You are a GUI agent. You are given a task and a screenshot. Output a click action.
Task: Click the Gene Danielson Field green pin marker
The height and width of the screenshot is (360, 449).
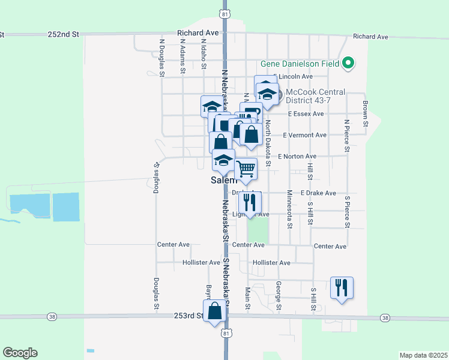pos(348,63)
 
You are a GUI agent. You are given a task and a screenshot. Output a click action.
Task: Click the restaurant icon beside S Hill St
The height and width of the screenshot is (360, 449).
pos(342,287)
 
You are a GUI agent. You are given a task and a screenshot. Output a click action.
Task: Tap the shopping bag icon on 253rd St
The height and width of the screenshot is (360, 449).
pos(215,311)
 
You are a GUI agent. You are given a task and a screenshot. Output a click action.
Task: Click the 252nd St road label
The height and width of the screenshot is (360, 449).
pos(64,35)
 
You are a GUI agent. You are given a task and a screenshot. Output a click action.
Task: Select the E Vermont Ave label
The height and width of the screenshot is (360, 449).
pos(304,136)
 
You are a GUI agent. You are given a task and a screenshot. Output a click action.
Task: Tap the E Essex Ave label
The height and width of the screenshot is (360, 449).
pos(306,114)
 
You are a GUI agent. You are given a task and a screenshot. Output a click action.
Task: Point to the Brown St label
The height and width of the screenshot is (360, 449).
pos(364,113)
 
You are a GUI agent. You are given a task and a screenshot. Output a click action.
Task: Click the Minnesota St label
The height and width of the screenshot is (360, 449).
pos(289,209)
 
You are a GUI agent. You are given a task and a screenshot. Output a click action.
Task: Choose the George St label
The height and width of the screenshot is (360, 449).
pos(279,296)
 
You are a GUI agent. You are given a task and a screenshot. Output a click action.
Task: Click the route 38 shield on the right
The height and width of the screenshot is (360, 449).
pos(385,318)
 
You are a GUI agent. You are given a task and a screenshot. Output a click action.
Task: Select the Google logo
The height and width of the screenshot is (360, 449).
pos(20,353)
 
